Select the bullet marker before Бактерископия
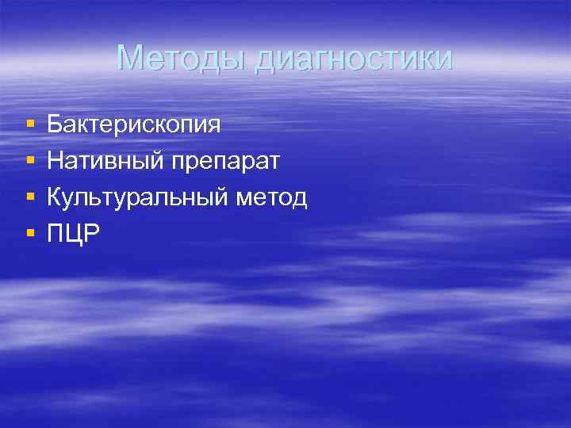(29, 124)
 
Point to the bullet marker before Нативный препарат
(29, 161)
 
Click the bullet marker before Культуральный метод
(29, 197)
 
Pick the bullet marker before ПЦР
(29, 234)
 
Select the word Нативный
(105, 162)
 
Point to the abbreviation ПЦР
(74, 235)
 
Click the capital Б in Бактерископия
(55, 124)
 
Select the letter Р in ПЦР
(94, 234)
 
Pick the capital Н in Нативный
(56, 161)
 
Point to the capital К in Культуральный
(55, 197)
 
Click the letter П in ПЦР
(56, 234)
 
